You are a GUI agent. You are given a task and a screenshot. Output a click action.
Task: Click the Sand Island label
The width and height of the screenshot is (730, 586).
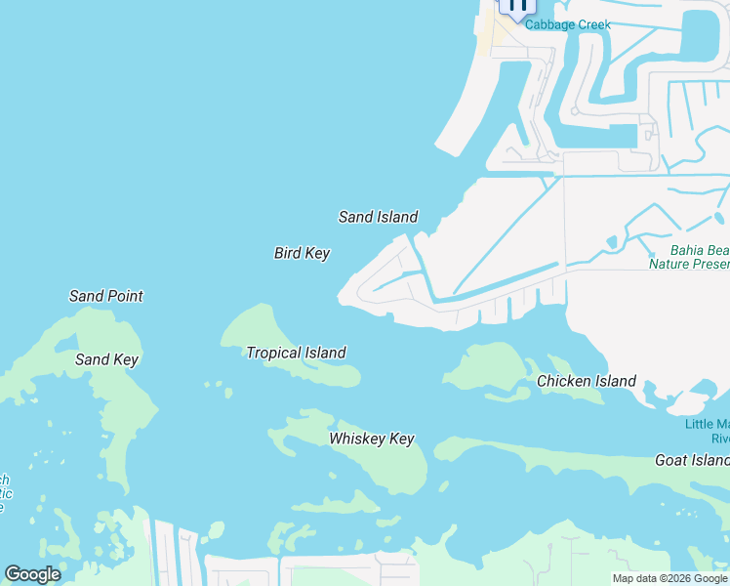click(378, 217)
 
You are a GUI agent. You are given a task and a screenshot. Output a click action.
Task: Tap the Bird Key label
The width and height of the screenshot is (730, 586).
click(302, 253)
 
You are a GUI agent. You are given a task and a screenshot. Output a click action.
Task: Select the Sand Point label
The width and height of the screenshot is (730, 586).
click(105, 295)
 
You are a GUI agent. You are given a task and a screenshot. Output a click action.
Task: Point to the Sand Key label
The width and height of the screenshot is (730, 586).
click(106, 359)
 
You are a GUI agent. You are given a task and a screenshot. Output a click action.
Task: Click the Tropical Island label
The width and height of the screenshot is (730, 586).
click(296, 353)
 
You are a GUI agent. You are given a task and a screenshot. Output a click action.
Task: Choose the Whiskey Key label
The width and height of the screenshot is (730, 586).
click(371, 439)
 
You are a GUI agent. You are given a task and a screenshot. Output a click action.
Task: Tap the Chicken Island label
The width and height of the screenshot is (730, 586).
click(587, 381)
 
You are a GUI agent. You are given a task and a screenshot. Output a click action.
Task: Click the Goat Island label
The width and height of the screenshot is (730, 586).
click(691, 460)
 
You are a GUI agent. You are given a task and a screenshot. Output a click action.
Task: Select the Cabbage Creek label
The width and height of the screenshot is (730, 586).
click(567, 24)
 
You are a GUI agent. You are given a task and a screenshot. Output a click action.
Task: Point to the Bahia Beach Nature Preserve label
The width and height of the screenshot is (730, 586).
click(689, 256)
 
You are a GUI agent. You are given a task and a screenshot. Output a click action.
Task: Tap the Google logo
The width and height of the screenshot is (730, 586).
click(32, 574)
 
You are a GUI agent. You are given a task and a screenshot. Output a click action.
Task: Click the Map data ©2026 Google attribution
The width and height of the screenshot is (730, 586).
click(669, 578)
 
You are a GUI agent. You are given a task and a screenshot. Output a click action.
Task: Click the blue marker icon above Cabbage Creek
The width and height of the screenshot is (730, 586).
click(516, 6)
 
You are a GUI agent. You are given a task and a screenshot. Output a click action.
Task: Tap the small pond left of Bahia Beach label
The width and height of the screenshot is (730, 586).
click(612, 242)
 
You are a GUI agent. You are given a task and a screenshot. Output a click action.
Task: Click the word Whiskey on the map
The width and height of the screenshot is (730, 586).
click(357, 439)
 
